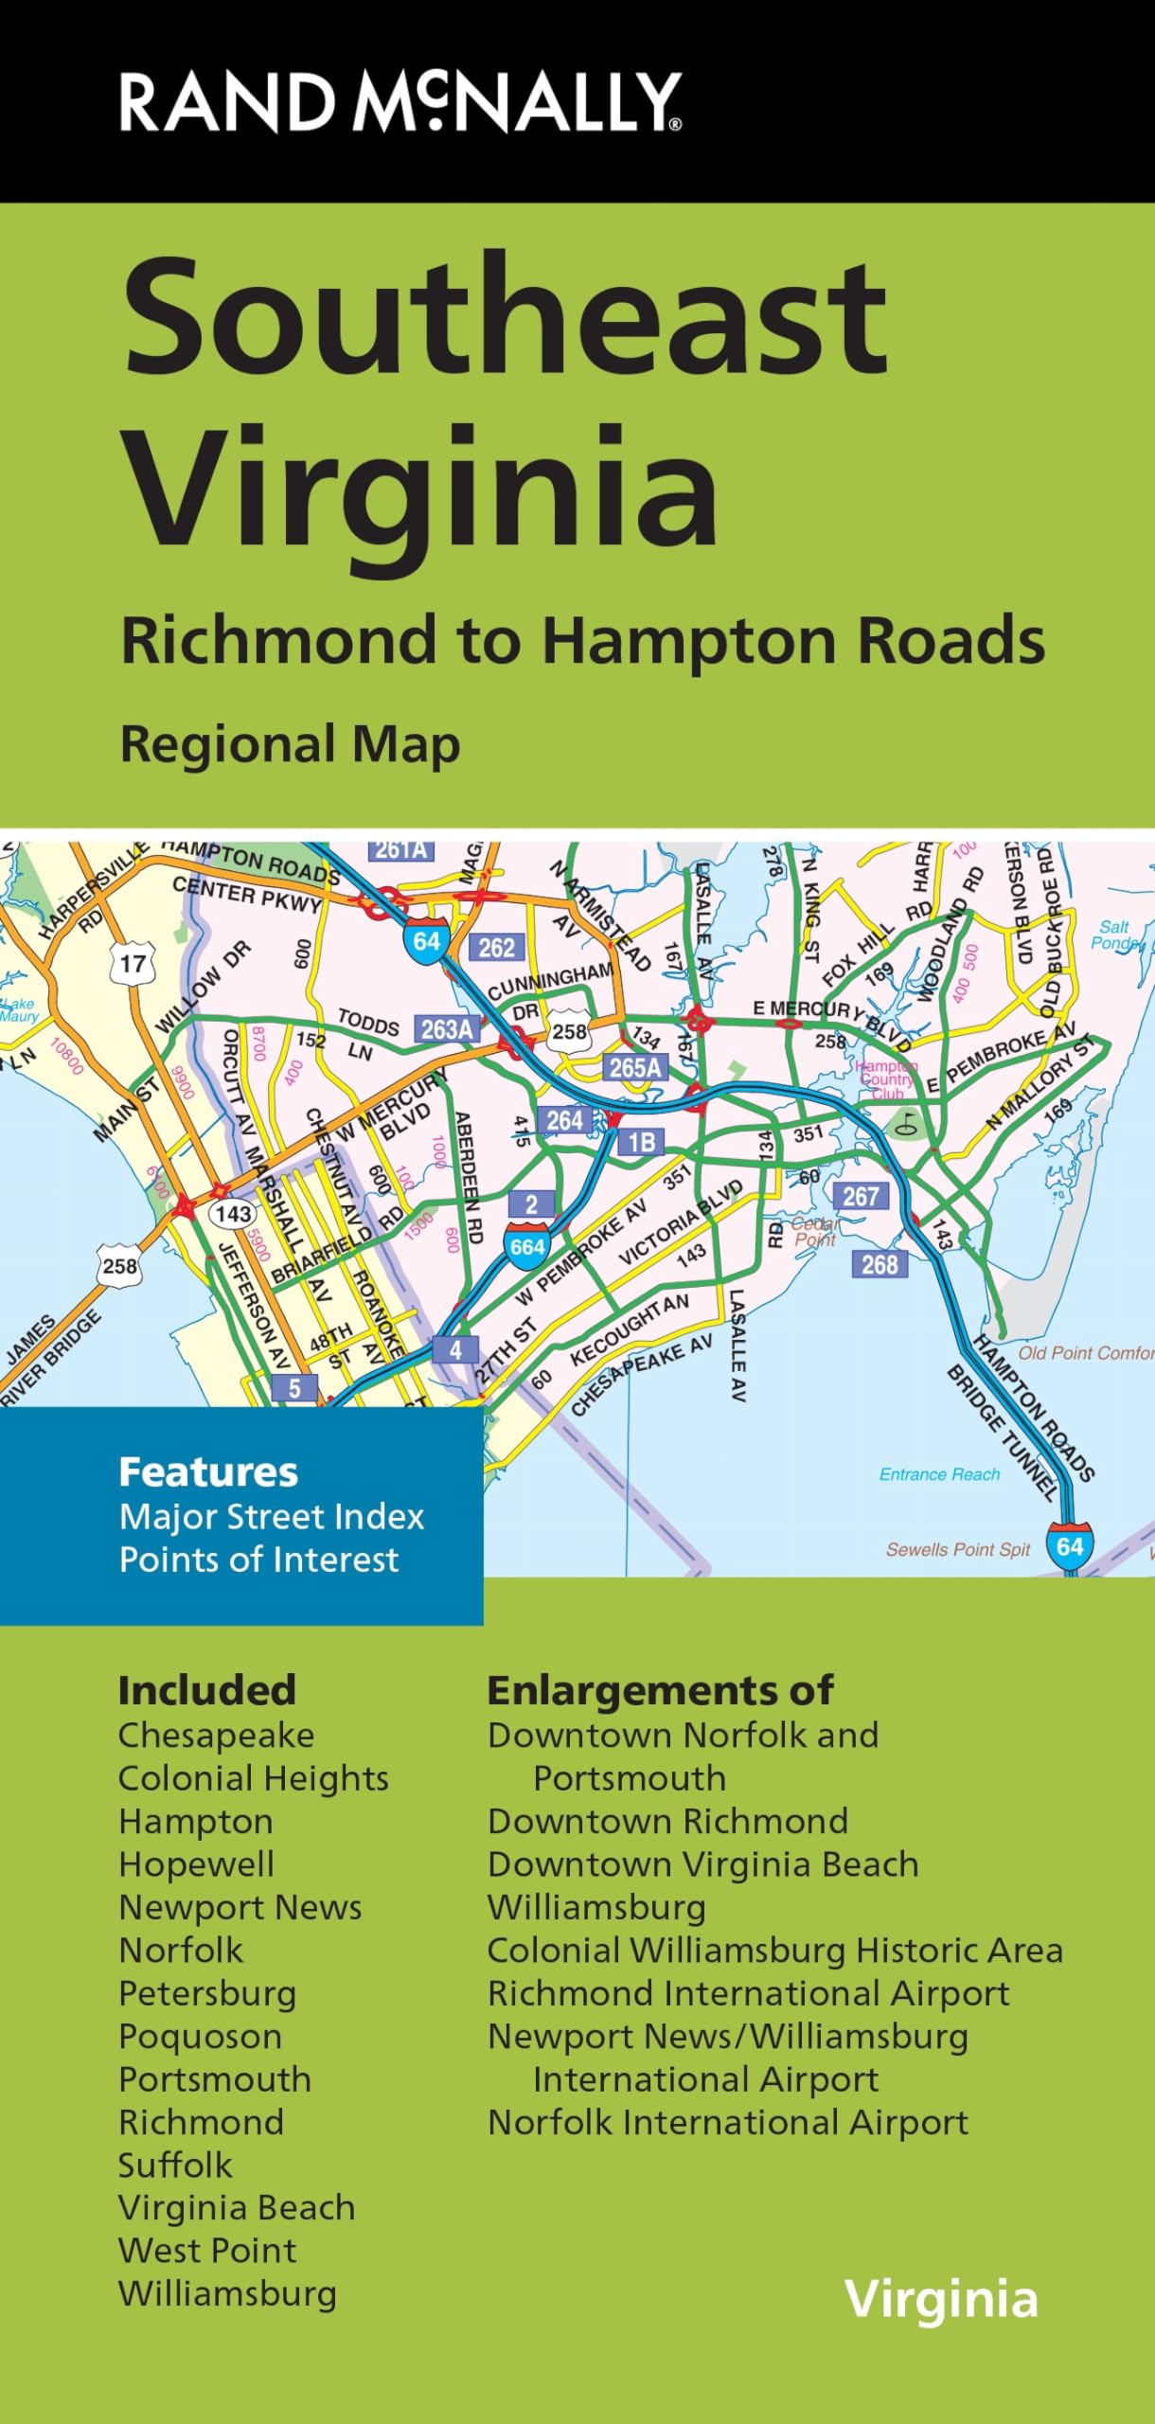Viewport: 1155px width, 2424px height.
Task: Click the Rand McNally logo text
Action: (400, 102)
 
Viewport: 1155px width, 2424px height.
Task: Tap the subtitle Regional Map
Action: (290, 744)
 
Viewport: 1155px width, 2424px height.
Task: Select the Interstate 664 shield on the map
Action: (526, 1245)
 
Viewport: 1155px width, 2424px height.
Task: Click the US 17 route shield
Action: (133, 964)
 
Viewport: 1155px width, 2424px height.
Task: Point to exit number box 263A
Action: (447, 1028)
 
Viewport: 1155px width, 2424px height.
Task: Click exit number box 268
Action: (879, 1264)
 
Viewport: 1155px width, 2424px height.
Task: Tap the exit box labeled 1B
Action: (641, 1142)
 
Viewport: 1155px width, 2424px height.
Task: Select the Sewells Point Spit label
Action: (957, 1550)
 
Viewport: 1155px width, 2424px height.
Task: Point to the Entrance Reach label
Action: (939, 1474)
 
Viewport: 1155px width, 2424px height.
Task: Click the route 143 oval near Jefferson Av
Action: (232, 1214)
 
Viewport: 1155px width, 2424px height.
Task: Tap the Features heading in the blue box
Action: (208, 1472)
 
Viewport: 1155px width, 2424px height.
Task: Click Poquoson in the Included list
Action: (200, 2037)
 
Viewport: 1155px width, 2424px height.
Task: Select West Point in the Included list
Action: (207, 2251)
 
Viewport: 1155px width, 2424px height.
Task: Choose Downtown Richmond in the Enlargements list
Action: (667, 1822)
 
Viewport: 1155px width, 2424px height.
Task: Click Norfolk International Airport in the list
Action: (727, 2123)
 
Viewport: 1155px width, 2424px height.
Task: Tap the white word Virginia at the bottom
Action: (941, 2300)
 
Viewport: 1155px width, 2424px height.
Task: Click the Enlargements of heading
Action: (660, 1691)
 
